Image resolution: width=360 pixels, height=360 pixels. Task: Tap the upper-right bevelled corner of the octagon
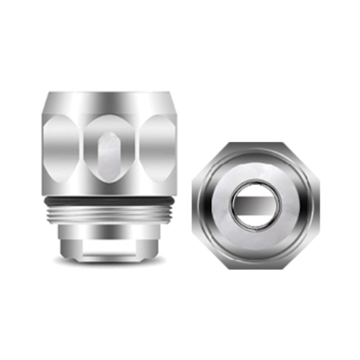click(x=301, y=160)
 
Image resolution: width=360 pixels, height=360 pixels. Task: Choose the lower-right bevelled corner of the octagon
click(x=301, y=251)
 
